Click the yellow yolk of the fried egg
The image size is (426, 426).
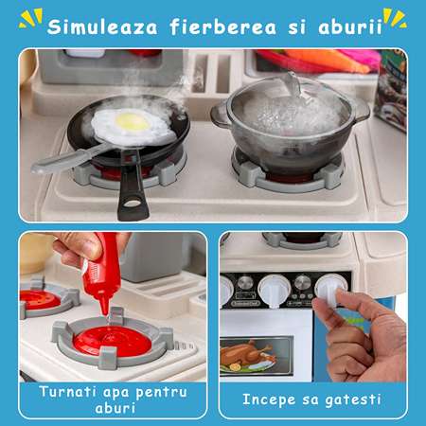coord(133,122)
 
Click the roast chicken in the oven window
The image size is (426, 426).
coord(247,355)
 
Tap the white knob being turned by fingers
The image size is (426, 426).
coord(330,289)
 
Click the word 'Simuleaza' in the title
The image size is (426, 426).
coord(102,27)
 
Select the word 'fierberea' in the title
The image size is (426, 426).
coord(223,27)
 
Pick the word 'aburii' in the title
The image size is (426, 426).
coord(350,27)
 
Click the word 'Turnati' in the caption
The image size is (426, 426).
coord(67,392)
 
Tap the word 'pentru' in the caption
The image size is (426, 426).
coord(161,393)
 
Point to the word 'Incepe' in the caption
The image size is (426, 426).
coord(269,400)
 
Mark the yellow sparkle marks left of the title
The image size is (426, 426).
coord(30,18)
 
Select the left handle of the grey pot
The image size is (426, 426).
coord(220,115)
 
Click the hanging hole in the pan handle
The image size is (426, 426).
coord(132,204)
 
